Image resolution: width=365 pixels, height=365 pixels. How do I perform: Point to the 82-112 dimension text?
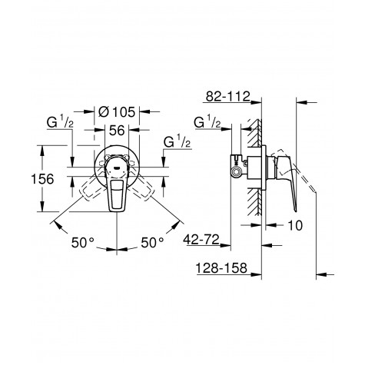[x=229, y=97]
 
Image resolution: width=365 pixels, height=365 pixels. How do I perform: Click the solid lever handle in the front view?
[x=118, y=190]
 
